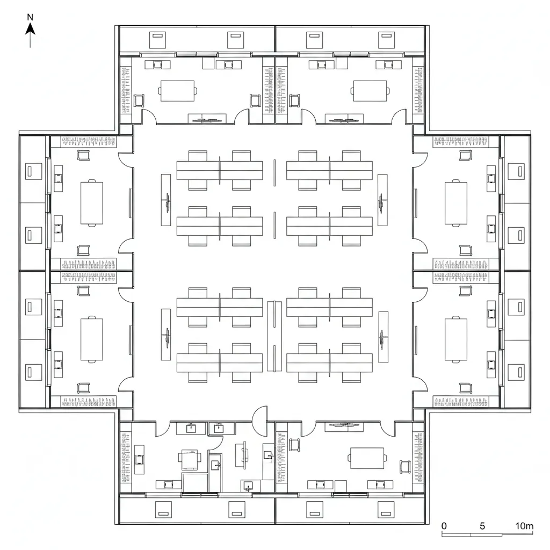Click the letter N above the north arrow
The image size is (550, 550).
[x=30, y=17]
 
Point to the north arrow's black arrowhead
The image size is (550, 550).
[x=30, y=29]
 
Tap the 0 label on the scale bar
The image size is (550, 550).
[x=444, y=526]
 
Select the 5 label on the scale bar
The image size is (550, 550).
[x=482, y=526]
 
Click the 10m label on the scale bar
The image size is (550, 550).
[x=524, y=526]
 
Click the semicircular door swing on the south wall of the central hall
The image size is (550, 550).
[x=259, y=414]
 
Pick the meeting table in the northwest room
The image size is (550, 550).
[x=177, y=91]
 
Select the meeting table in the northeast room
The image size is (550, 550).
[x=370, y=91]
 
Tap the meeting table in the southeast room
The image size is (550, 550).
[x=367, y=458]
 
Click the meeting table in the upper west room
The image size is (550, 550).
[x=92, y=203]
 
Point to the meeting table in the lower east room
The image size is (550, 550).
[x=456, y=339]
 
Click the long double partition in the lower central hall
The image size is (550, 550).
[x=274, y=336]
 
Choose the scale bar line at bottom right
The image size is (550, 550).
[x=487, y=534]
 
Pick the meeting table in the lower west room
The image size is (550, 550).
[x=92, y=339]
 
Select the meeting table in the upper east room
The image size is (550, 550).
[x=456, y=203]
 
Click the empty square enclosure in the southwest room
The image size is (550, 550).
[x=195, y=482]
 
